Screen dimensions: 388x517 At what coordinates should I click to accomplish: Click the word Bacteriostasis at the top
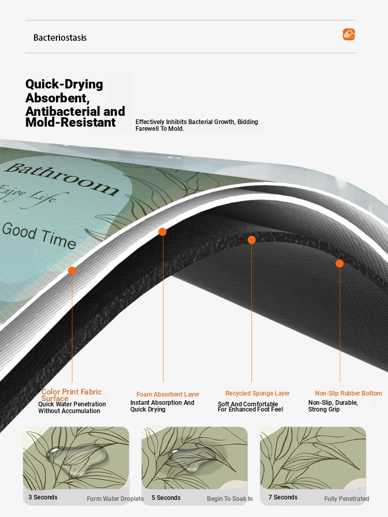(x=60, y=38)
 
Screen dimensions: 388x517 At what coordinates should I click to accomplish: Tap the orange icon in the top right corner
(x=349, y=34)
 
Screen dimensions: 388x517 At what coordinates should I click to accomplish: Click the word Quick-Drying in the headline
(x=64, y=84)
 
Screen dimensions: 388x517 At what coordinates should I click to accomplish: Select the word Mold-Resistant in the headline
(x=70, y=123)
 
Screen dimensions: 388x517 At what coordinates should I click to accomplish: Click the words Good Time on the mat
(x=39, y=235)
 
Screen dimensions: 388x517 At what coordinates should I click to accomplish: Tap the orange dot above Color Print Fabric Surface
(x=72, y=271)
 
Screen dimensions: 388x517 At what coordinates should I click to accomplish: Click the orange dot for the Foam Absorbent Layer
(x=162, y=232)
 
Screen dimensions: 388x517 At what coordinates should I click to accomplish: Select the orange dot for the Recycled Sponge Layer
(x=252, y=240)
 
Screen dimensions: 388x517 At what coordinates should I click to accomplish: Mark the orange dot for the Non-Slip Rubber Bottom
(x=339, y=264)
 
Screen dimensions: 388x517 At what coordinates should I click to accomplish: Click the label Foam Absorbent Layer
(x=168, y=394)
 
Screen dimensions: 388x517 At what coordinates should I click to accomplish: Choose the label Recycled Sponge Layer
(x=258, y=393)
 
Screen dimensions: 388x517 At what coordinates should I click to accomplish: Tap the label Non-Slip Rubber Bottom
(x=348, y=393)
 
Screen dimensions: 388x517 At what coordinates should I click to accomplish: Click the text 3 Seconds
(x=43, y=497)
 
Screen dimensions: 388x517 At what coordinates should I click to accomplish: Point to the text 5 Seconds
(x=166, y=498)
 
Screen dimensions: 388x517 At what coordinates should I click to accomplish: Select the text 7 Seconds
(x=283, y=497)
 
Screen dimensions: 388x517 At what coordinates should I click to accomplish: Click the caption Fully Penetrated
(x=347, y=499)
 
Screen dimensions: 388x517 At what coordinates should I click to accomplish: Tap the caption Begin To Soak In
(x=230, y=499)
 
